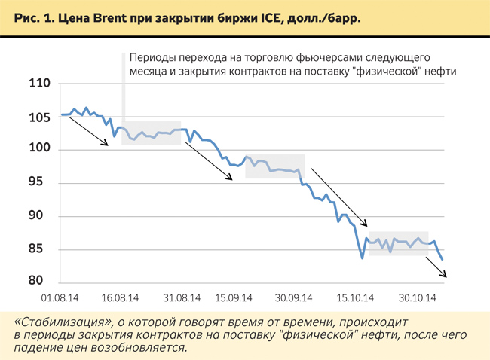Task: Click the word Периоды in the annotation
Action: [x=152, y=57]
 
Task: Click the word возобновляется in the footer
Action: [x=141, y=348]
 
